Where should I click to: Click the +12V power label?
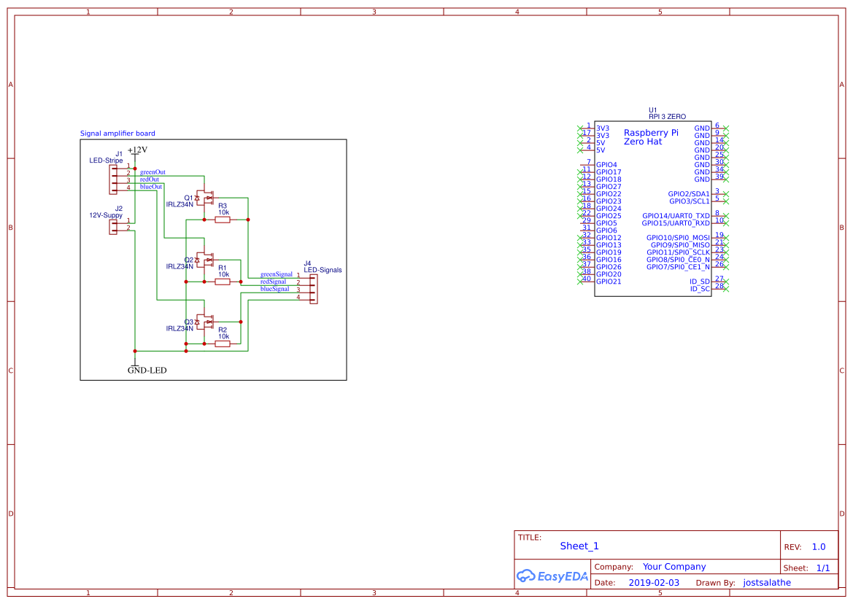(137, 150)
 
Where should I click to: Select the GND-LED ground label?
(147, 371)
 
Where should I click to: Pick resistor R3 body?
(223, 220)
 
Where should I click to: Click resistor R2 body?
(223, 344)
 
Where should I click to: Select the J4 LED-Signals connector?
(314, 289)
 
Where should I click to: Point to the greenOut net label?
(153, 172)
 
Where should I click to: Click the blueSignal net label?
(274, 289)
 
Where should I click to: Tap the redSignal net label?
(273, 282)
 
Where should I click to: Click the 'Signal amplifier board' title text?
(117, 133)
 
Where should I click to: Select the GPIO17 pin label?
(609, 172)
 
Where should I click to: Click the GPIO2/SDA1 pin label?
(689, 194)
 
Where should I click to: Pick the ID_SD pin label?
(699, 282)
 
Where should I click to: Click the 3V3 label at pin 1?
(603, 128)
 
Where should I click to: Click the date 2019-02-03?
(654, 583)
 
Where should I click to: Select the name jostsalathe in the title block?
(767, 583)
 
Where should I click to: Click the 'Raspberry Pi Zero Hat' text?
(651, 137)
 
